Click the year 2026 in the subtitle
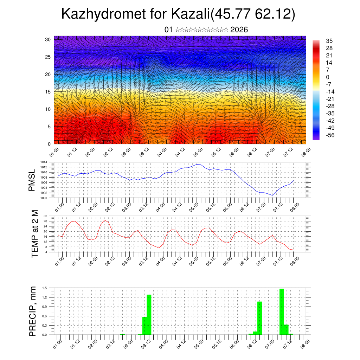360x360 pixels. point(239,30)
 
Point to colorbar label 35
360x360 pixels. point(329,41)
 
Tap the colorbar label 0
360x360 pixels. point(328,77)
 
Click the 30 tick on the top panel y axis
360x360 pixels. point(48,39)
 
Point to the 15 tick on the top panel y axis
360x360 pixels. point(48,92)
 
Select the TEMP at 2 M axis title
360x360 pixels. point(34,233)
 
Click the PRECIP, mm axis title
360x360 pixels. point(33,311)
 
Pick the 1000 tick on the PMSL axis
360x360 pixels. point(43,198)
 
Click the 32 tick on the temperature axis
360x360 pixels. point(45,216)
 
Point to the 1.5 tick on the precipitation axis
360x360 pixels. point(44,288)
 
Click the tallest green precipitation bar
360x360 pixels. point(282,311)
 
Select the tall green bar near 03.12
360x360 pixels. point(149,315)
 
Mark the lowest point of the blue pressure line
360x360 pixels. point(272,195)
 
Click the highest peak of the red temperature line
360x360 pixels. point(105,220)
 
